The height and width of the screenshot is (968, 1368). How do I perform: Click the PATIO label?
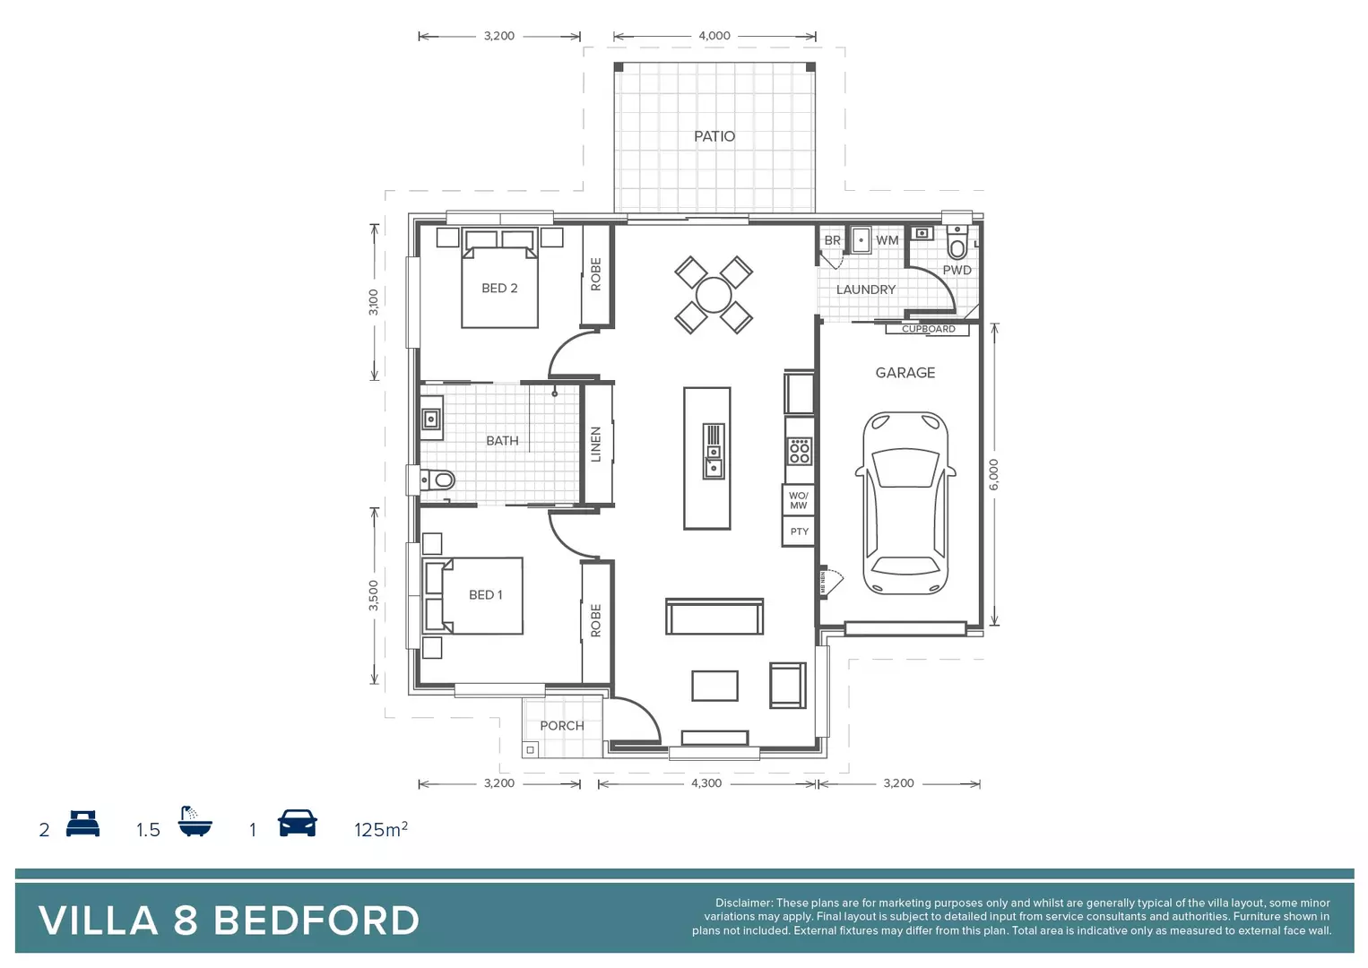[714, 136]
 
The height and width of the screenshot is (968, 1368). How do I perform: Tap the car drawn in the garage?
[905, 503]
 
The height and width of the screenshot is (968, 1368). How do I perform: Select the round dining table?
[714, 295]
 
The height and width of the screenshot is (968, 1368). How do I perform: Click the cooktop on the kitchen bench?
[799, 451]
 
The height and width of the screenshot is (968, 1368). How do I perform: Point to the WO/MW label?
[798, 500]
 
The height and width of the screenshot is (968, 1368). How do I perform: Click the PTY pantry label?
[799, 532]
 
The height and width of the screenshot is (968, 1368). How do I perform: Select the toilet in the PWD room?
[957, 245]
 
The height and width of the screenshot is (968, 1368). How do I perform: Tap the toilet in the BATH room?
[439, 480]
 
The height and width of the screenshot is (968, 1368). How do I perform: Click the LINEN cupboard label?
[596, 444]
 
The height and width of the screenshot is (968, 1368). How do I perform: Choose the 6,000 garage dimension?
[993, 474]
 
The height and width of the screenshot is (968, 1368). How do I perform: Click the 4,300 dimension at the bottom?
[706, 783]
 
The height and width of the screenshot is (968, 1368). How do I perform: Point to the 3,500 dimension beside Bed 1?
[374, 595]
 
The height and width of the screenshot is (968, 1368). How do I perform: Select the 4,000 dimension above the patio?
[714, 36]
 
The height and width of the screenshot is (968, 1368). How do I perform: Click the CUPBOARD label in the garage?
[928, 329]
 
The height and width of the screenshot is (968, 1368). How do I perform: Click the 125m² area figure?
[380, 829]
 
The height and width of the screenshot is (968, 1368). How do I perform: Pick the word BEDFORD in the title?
[316, 920]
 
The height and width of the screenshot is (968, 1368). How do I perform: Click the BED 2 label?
[499, 288]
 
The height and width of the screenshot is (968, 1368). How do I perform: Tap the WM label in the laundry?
[887, 240]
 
